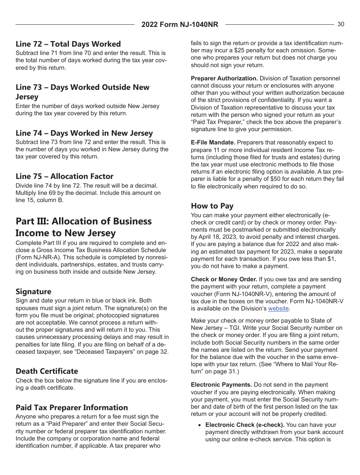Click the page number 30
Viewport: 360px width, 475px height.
341,24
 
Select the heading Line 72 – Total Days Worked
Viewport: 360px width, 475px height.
68,44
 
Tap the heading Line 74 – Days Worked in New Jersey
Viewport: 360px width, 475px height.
84,133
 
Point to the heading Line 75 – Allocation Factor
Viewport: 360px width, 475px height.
64,176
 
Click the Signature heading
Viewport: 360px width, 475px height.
33,292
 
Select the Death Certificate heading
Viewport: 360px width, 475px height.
47,371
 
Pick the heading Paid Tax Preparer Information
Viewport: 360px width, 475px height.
72,408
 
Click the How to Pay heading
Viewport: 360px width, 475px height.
212,206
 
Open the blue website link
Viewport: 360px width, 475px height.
279,309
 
